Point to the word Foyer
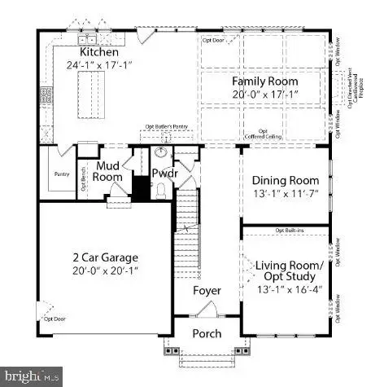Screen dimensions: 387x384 click(x=207, y=291)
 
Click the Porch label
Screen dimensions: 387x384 click(x=207, y=333)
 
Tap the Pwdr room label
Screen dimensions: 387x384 click(x=165, y=174)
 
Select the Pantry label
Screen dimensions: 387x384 click(x=60, y=174)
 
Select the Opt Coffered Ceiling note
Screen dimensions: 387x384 click(x=263, y=134)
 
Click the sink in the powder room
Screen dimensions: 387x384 click(x=160, y=153)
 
